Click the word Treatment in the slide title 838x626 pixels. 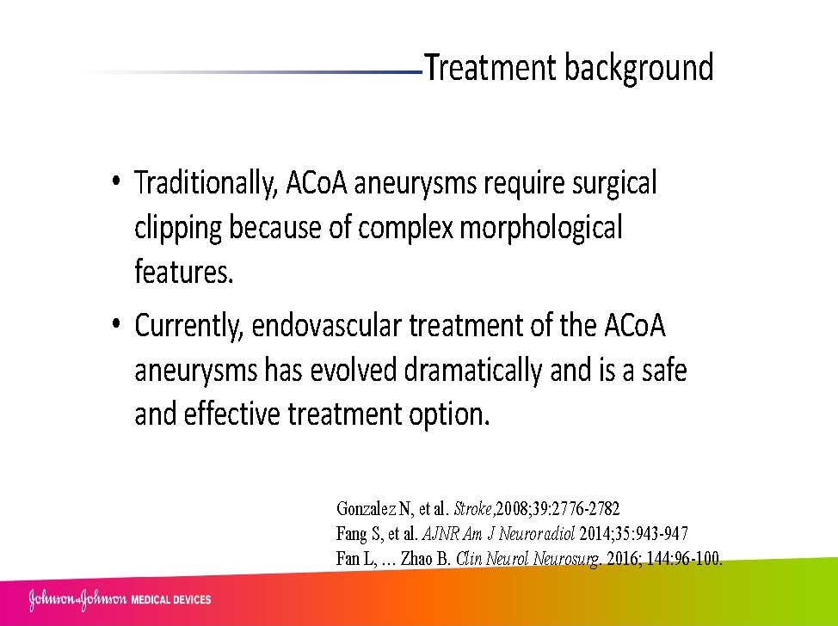click(490, 68)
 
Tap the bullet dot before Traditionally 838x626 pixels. click(116, 180)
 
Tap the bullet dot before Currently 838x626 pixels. click(116, 323)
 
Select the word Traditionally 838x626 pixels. click(206, 184)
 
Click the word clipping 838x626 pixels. click(178, 229)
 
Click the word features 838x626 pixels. click(184, 272)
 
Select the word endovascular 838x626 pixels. click(327, 325)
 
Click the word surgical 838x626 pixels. click(614, 184)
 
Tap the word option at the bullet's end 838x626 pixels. click(449, 415)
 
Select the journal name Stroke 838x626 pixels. click(473, 508)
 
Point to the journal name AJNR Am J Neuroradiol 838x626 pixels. click(499, 533)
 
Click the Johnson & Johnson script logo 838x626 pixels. click(77, 599)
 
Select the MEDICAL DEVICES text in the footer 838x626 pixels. click(171, 600)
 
